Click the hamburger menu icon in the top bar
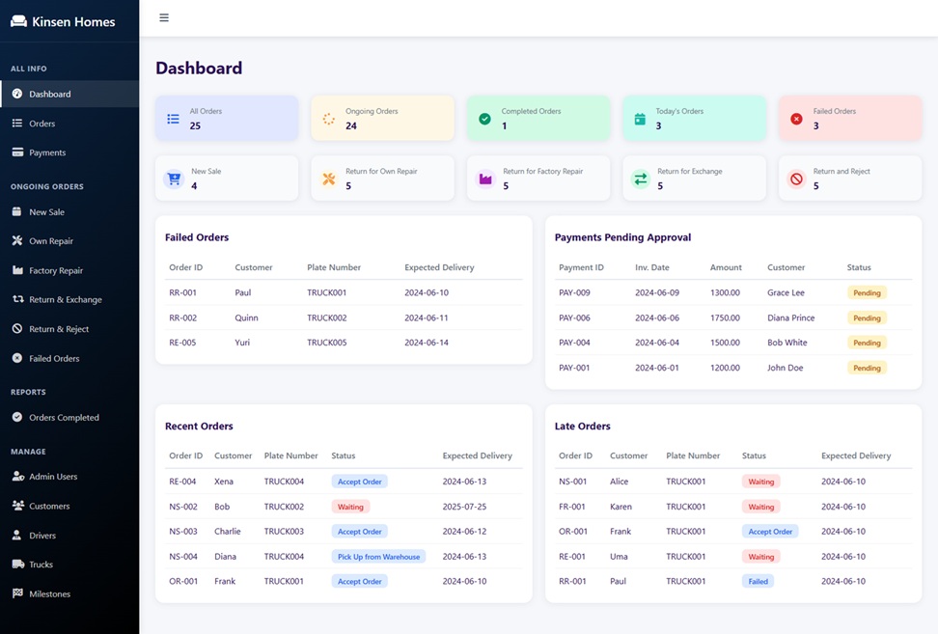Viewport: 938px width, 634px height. point(164,18)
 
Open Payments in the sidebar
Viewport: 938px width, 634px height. point(47,152)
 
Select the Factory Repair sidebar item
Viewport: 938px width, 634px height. point(56,270)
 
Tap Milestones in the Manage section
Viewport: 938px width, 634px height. point(49,593)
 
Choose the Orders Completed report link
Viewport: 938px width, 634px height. point(64,418)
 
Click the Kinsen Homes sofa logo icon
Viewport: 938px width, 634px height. point(19,21)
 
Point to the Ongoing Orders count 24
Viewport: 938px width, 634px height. point(351,125)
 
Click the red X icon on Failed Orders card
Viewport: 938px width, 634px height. point(796,119)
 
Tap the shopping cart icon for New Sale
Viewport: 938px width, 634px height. point(174,179)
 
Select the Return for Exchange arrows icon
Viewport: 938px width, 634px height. point(641,179)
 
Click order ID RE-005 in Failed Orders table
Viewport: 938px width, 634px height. point(182,343)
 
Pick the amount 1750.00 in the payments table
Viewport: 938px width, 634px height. point(725,317)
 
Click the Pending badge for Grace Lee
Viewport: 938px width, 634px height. point(867,293)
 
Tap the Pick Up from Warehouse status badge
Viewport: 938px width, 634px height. point(378,557)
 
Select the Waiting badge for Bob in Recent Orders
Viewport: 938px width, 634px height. point(350,507)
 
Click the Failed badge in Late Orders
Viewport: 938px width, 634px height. point(758,581)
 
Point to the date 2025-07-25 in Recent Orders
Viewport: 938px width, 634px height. point(464,507)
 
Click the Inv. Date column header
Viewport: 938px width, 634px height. point(652,267)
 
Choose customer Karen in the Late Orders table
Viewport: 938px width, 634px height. point(621,507)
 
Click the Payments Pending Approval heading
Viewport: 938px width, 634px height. point(622,237)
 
